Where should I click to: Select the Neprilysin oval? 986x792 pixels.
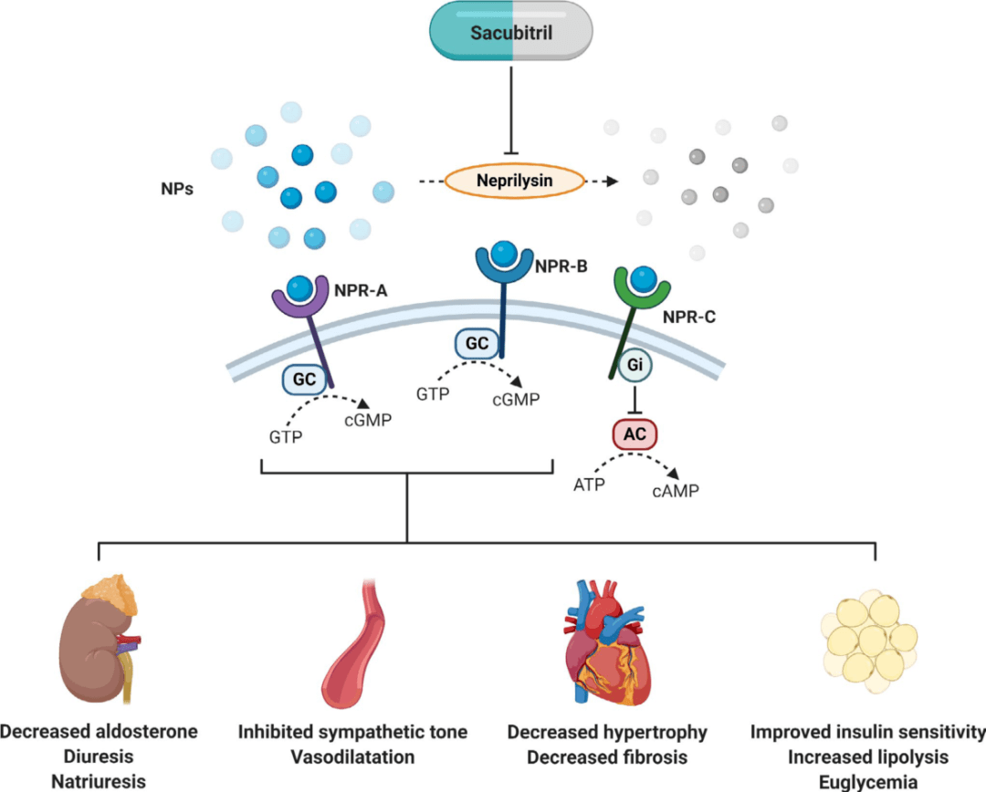pyautogui.click(x=515, y=181)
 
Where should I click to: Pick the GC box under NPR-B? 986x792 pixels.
pyautogui.click(x=477, y=344)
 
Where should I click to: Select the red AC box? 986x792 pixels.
pyautogui.click(x=635, y=434)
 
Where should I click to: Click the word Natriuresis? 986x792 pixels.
pyautogui.click(x=99, y=782)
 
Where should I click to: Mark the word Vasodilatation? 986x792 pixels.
pyautogui.click(x=352, y=756)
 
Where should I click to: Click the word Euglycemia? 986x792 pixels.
pyautogui.click(x=868, y=782)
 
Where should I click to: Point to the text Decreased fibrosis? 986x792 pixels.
pyautogui.click(x=607, y=756)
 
